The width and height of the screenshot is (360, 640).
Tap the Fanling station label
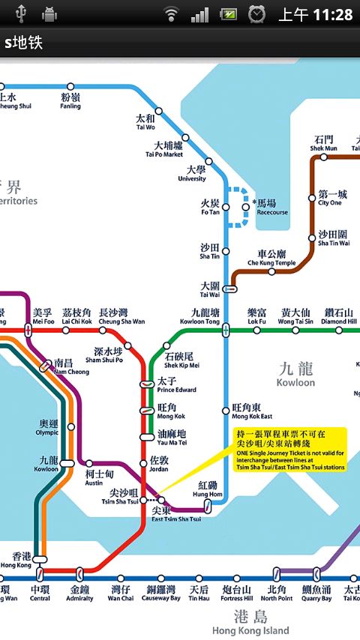70,101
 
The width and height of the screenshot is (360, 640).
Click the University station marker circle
208,161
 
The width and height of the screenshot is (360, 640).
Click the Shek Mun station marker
324,157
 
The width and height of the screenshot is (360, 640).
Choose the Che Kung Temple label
271,258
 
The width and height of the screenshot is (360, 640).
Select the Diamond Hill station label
340,316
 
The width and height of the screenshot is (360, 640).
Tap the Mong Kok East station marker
226,410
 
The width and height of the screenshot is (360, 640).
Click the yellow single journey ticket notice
290,450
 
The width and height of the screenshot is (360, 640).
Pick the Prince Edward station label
175,385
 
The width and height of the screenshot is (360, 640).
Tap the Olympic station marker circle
71,427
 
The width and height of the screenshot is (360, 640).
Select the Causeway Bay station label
162,594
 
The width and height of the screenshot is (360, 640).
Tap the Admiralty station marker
80,579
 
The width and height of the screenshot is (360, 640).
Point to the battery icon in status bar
229,14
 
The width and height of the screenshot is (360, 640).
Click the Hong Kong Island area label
250,621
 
